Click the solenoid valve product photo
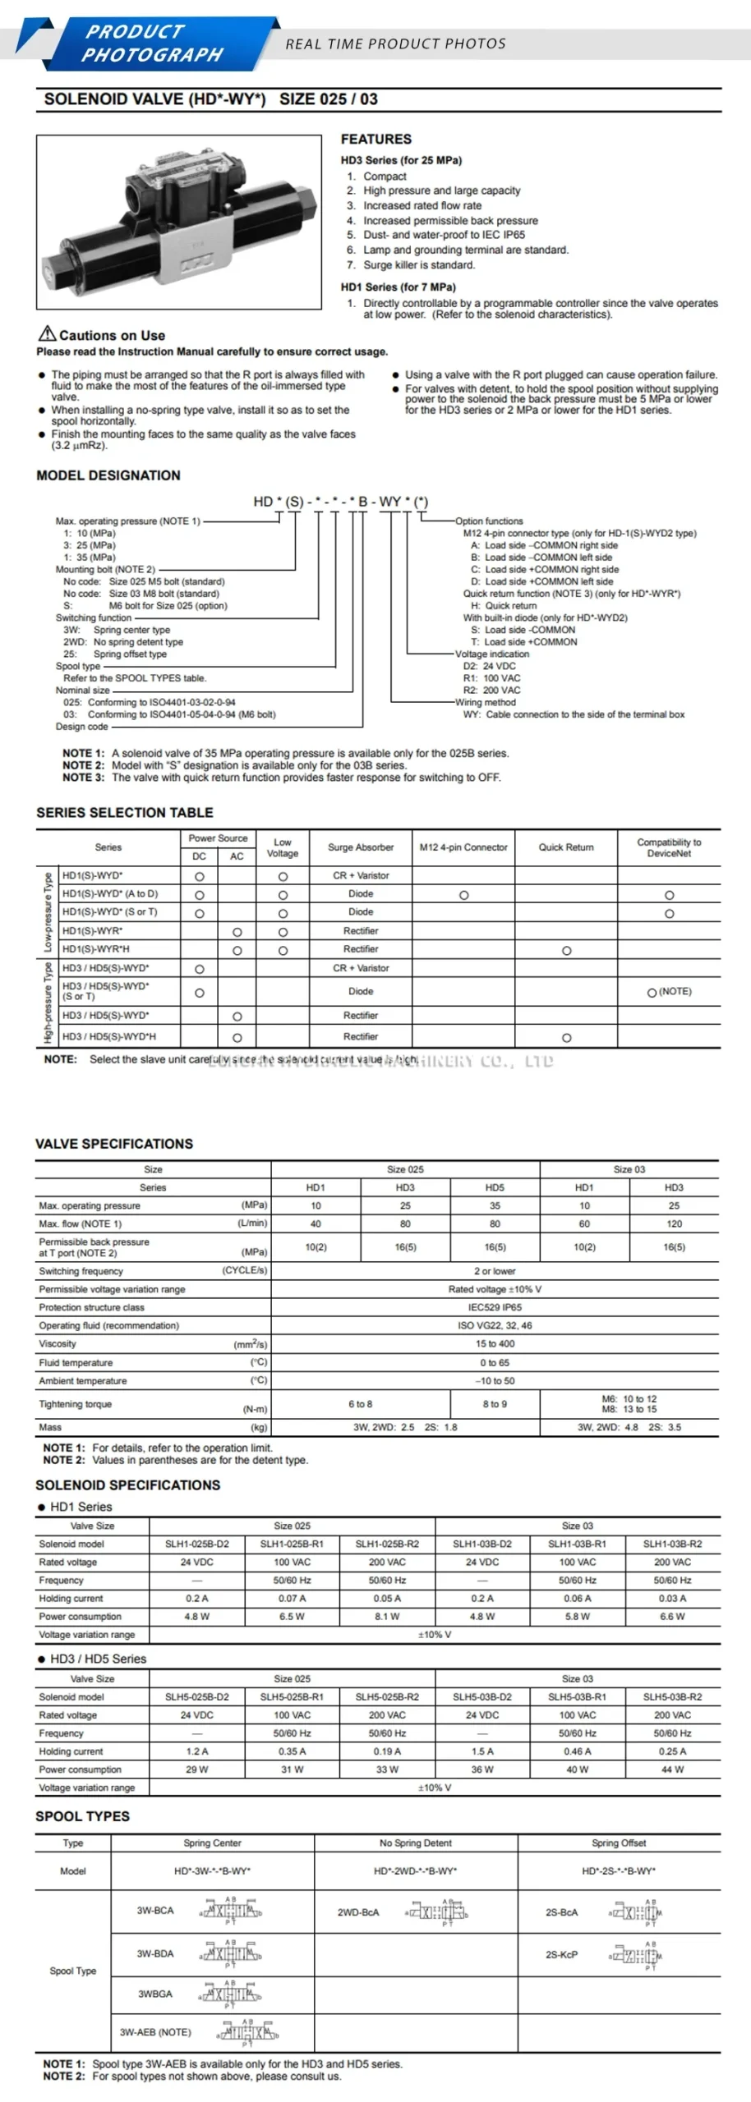click(179, 222)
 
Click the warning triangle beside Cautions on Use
click(47, 333)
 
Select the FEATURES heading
click(376, 139)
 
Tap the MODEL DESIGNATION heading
click(108, 475)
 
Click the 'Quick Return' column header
click(566, 847)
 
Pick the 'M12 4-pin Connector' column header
click(463, 847)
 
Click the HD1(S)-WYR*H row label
click(96, 949)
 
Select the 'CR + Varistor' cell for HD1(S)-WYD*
click(361, 875)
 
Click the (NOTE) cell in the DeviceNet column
click(670, 992)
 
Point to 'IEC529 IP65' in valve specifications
click(495, 1307)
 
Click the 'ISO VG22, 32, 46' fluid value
click(495, 1325)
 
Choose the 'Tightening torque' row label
click(75, 1404)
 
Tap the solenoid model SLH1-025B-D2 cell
click(197, 1544)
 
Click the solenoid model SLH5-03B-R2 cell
click(672, 1696)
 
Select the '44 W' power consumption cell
click(672, 1769)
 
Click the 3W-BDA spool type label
click(155, 1953)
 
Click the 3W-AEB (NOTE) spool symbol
click(248, 2032)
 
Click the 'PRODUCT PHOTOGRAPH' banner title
click(153, 44)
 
